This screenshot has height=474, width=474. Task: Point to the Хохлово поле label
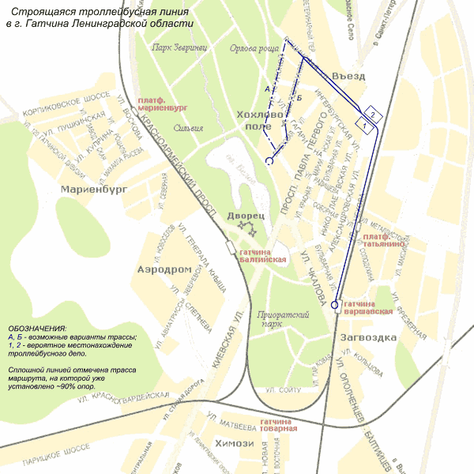[259, 120]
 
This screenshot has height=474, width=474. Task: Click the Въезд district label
[348, 76]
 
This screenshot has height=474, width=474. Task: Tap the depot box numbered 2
[373, 111]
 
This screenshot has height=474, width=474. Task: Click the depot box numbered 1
[363, 124]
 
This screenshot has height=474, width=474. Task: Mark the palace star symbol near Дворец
[246, 230]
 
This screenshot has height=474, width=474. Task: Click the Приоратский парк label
[280, 318]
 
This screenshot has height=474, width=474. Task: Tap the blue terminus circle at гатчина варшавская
[335, 305]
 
